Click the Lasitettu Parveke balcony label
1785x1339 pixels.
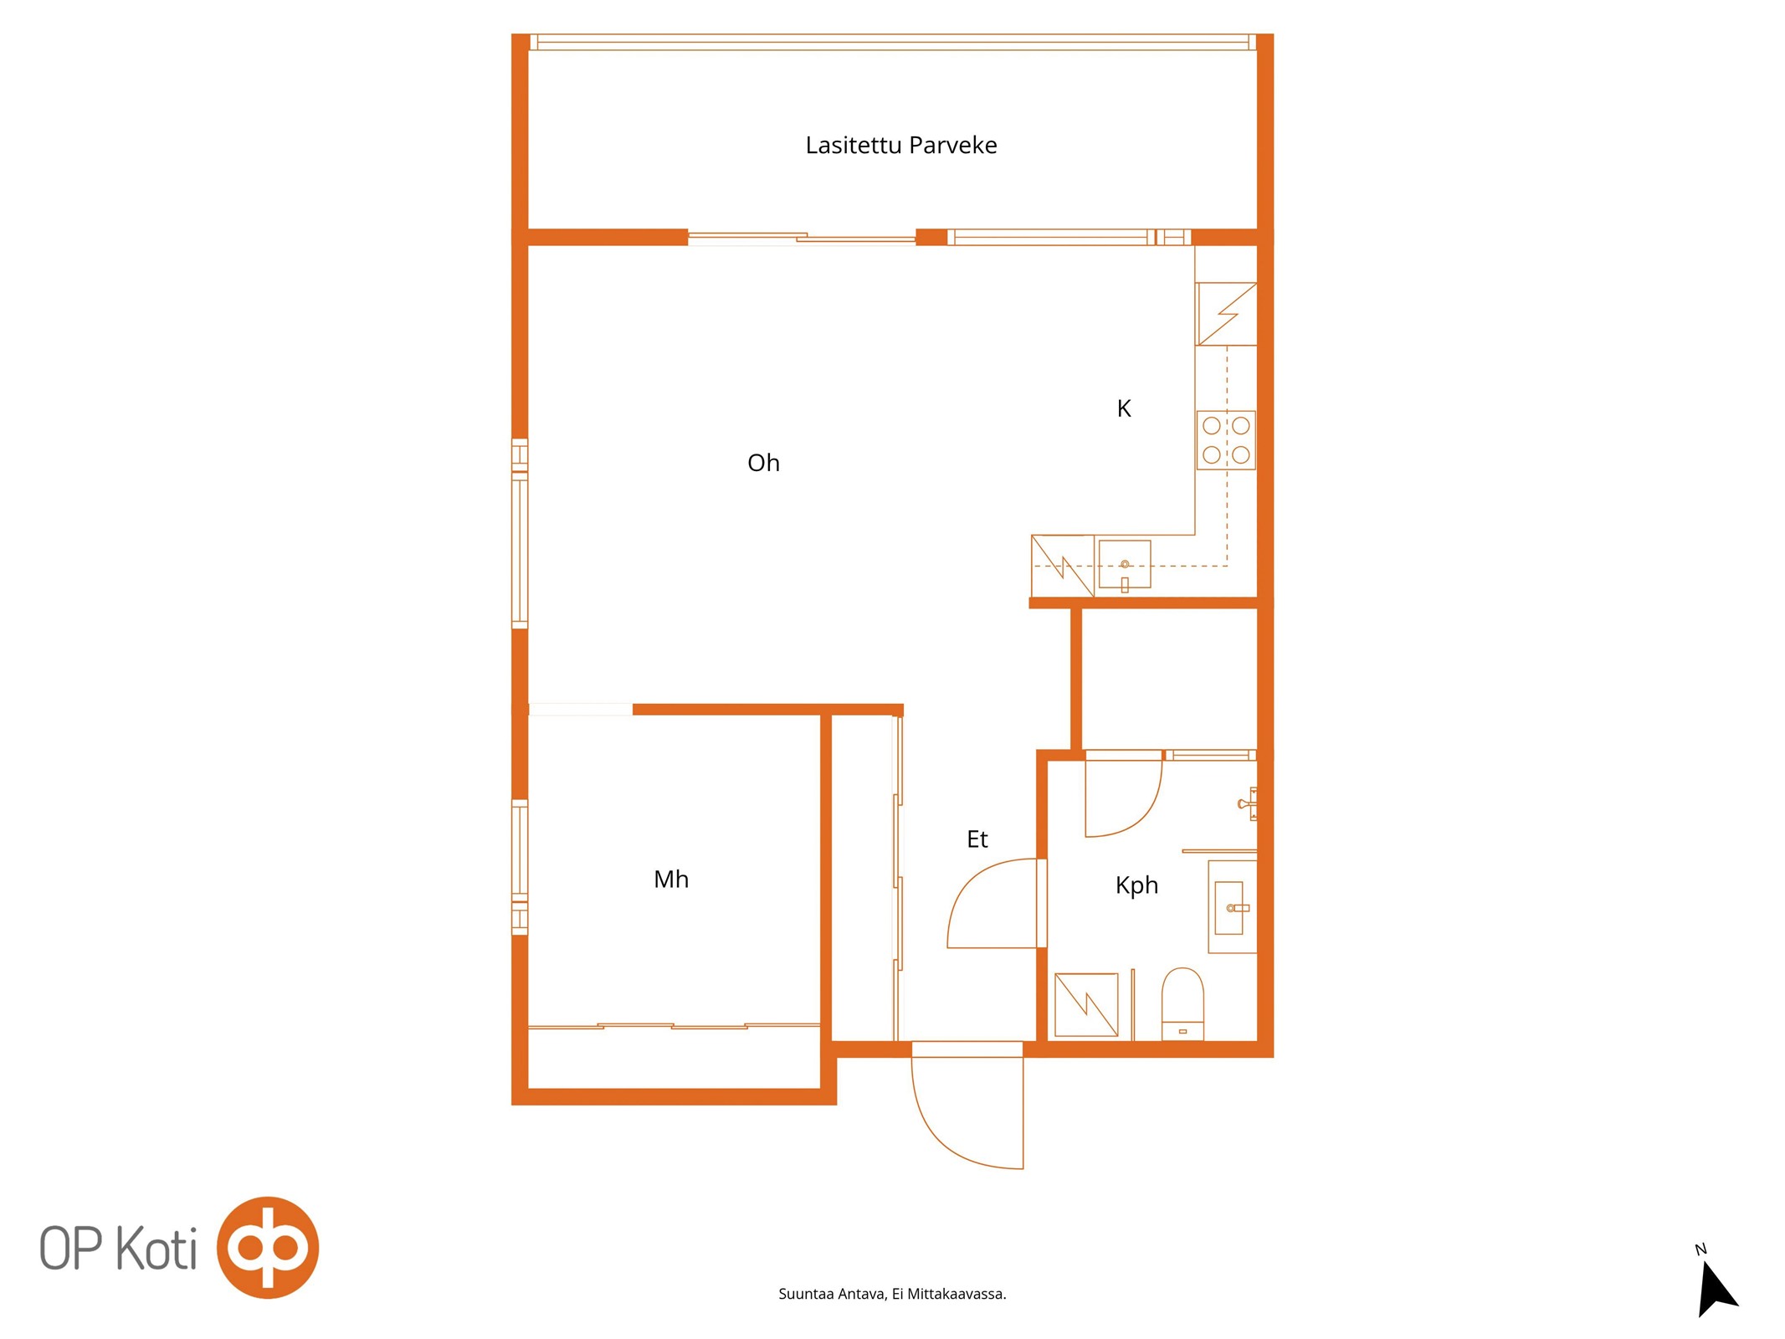[x=900, y=145]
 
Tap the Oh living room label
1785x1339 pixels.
[x=763, y=463]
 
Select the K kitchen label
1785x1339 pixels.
[x=1124, y=408]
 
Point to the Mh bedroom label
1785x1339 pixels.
[x=671, y=879]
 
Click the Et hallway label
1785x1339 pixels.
[x=977, y=839]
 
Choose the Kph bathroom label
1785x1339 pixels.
[x=1136, y=885]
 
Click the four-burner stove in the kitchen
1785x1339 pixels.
[x=1226, y=440]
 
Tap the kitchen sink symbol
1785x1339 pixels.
[x=1125, y=566]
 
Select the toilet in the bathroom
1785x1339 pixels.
[x=1182, y=1004]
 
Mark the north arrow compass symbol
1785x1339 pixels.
[x=1716, y=1286]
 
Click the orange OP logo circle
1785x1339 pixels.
[x=268, y=1247]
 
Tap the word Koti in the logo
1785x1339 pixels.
[x=156, y=1249]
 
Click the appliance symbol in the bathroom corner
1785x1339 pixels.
[x=1086, y=1004]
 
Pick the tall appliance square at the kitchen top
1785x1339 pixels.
[x=1226, y=314]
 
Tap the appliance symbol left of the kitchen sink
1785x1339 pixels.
[x=1063, y=566]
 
